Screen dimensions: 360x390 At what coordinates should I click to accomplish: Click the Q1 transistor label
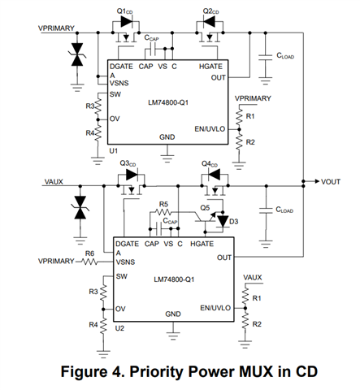point(124,11)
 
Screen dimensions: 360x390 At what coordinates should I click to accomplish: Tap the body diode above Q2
point(209,22)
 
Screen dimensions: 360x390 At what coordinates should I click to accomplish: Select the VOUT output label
point(331,182)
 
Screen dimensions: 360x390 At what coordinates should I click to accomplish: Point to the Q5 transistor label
point(205,208)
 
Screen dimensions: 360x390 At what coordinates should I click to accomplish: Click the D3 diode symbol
point(223,221)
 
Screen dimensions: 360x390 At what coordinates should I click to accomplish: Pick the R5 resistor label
point(163,204)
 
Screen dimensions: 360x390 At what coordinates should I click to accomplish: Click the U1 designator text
point(113,151)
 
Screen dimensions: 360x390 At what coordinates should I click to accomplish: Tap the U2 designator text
point(119,328)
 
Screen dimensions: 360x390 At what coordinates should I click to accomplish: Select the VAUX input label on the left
point(54,182)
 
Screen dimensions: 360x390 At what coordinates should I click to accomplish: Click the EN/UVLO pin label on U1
point(210,129)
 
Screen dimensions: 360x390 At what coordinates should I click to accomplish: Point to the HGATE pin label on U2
point(202,244)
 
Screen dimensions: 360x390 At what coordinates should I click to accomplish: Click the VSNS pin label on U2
point(125,262)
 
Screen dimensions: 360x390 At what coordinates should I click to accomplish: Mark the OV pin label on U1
point(115,119)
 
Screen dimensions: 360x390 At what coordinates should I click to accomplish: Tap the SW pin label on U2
point(122,276)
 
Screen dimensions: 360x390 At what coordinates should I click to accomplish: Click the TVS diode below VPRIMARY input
point(77,54)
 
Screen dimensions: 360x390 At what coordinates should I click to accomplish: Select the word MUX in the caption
point(256,371)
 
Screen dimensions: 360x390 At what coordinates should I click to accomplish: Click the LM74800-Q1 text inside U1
point(168,102)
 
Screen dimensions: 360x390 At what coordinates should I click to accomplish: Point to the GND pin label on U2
point(173,314)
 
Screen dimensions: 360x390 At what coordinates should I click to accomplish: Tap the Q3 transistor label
point(128,163)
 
